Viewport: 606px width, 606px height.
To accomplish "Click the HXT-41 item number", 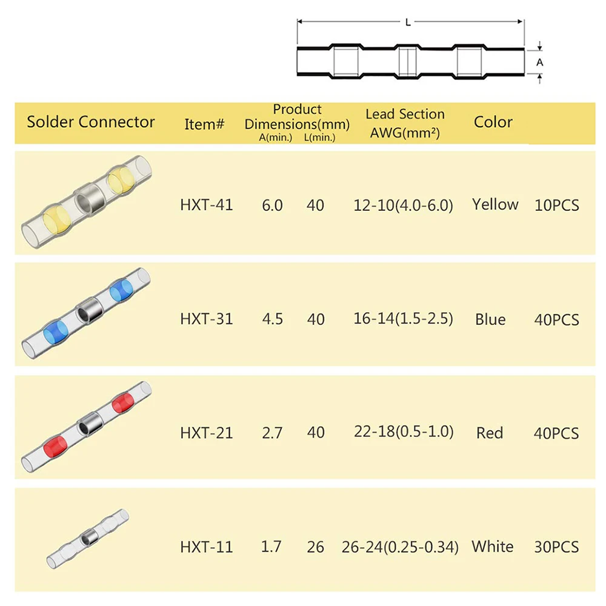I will point(206,205).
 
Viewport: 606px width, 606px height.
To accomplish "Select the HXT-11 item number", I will point(206,547).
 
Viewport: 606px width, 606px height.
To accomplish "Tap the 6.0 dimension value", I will point(272,205).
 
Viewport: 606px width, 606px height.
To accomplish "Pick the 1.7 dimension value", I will point(271,547).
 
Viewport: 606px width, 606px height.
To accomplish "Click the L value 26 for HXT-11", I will point(316,547).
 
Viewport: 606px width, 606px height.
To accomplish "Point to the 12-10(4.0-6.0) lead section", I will point(403,205).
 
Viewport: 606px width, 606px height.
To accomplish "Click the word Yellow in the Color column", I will point(495,205).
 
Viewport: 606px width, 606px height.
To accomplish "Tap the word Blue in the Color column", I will point(490,319).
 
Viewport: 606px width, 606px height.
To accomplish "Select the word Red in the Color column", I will point(490,433).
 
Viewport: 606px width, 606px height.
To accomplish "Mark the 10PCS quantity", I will point(556,205).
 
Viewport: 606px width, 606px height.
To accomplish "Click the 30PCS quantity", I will point(556,547).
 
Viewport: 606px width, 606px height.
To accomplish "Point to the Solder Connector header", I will point(91,122).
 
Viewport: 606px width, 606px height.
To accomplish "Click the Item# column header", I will point(205,124).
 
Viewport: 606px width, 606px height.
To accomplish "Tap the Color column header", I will point(493,122).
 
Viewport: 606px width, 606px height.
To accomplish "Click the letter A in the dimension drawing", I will point(540,62).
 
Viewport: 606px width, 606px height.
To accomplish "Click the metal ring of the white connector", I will point(88,536).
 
